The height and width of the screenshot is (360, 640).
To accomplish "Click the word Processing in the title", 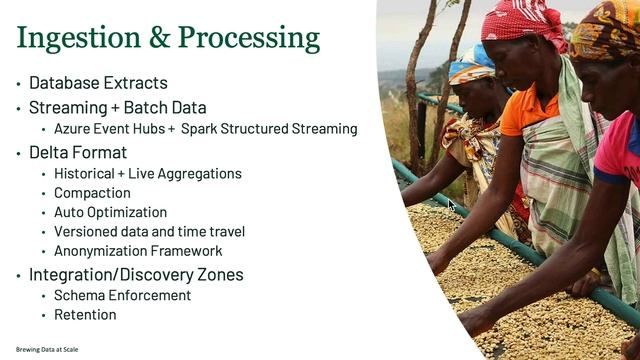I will point(250,38).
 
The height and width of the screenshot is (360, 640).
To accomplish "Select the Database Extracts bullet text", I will point(98,83).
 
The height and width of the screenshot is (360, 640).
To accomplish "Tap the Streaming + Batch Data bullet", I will point(117,107).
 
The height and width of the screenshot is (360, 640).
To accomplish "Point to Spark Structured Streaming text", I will point(269,129).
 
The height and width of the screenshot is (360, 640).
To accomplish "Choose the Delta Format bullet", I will point(78,152).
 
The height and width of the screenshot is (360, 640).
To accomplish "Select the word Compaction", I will point(92,193).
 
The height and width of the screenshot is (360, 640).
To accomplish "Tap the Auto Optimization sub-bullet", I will point(110,212).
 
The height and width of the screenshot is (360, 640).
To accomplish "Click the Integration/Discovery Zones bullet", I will point(136,274).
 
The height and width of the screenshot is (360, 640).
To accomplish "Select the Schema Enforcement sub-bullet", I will point(122,295).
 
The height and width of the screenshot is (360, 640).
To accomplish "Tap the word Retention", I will point(85,315).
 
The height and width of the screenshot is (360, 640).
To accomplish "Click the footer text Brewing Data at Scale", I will point(47,349).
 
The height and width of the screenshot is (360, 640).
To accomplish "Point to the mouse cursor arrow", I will point(452,206).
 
